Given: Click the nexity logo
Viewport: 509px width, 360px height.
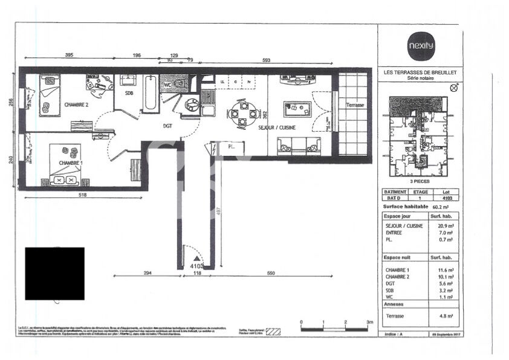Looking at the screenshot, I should pos(420,45).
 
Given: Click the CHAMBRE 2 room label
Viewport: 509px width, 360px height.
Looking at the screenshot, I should pos(77,105).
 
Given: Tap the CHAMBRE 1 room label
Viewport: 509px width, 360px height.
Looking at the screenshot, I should pos(71,163).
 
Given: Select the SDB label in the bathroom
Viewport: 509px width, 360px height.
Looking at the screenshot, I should pos(129,94).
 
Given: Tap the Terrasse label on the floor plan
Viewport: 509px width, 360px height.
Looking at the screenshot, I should pos(355,105).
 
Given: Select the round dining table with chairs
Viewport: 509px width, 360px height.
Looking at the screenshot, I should pos(240,112).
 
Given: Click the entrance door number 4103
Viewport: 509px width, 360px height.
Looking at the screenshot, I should pos(196,265).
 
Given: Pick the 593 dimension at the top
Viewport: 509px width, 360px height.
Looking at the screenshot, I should pos(267,60).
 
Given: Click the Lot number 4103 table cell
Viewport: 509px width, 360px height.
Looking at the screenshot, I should pos(447,198).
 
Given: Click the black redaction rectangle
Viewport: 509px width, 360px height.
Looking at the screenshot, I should pos(54,273).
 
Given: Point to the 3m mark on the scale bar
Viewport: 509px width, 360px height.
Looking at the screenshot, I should pos(369,323).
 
